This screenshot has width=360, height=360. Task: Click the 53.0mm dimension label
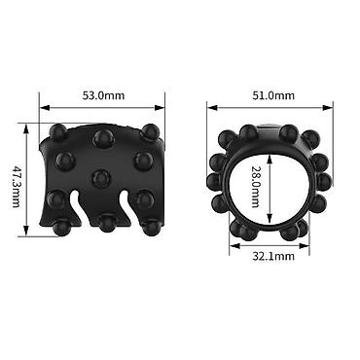click(x=103, y=95)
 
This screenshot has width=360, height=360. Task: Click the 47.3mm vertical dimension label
click(x=17, y=187)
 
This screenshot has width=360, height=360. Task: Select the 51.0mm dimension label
click(x=273, y=95)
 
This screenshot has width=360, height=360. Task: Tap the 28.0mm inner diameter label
click(x=256, y=187)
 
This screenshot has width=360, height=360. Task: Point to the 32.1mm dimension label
click(x=273, y=256)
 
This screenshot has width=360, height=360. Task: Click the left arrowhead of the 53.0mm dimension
click(x=44, y=108)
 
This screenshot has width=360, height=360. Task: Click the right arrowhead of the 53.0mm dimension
click(x=160, y=108)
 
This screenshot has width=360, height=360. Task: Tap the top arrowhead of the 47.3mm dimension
click(x=25, y=127)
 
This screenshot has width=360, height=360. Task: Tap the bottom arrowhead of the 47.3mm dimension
click(x=25, y=232)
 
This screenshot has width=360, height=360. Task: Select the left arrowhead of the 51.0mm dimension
click(x=212, y=108)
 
